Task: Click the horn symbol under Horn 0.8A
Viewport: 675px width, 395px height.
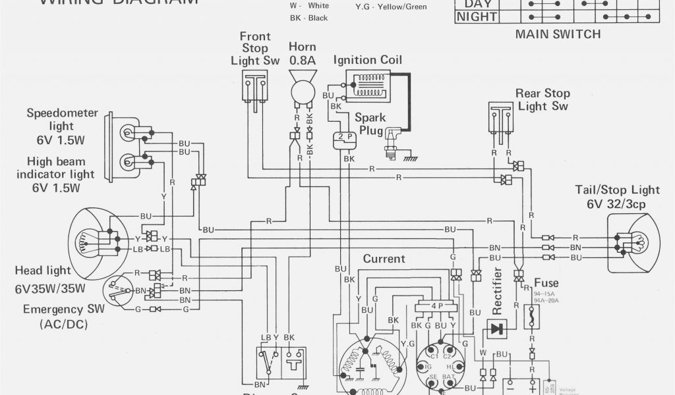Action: point(303,90)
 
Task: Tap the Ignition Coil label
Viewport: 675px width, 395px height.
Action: point(367,60)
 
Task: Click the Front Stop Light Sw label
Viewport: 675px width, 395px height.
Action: point(254,48)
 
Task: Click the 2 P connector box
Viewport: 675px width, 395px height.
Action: point(345,137)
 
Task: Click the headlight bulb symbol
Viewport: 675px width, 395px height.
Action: point(91,240)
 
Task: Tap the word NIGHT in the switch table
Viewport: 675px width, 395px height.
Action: point(477,17)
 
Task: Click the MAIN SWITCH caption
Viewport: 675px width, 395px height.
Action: point(558,34)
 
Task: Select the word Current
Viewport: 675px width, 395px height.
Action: point(384,259)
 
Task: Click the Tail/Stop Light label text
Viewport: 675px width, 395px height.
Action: point(617,190)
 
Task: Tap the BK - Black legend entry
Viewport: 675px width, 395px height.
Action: point(308,18)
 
